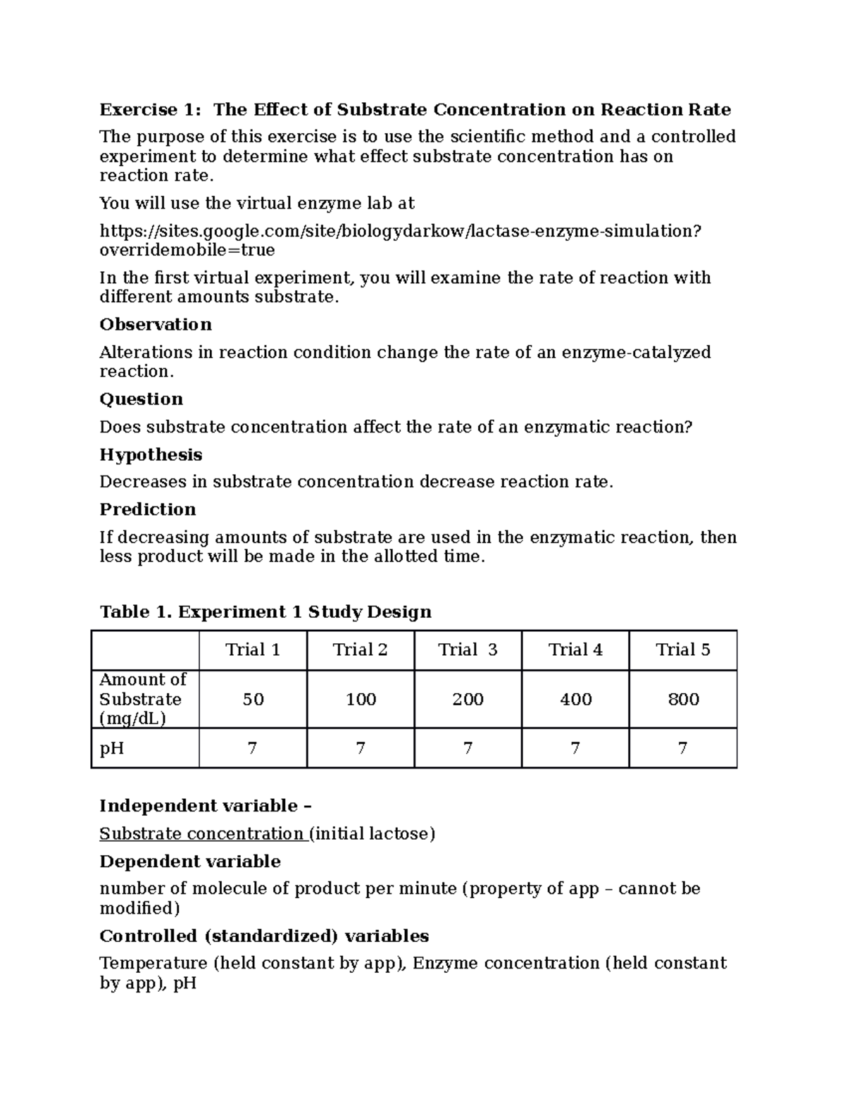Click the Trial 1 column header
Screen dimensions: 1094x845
[x=253, y=649]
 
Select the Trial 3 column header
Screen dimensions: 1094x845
[x=468, y=649]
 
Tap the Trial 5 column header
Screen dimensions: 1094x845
[x=683, y=649]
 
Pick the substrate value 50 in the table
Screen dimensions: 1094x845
[x=253, y=699]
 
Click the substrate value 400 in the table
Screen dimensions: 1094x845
[x=575, y=699]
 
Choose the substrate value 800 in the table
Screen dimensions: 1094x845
[x=683, y=699]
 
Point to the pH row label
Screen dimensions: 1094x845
[x=112, y=747]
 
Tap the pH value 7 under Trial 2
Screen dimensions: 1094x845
[x=361, y=747]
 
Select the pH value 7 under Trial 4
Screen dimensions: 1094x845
[x=575, y=747]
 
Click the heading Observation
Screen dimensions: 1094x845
[x=156, y=324]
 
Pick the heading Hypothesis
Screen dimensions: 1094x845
[x=151, y=454]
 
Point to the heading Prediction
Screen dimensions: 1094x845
[x=148, y=509]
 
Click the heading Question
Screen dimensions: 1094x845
[x=142, y=399]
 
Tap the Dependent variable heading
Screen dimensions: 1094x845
[x=190, y=861]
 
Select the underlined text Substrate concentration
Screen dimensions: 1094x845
[x=201, y=833]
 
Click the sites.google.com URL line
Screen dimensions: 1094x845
[x=401, y=231]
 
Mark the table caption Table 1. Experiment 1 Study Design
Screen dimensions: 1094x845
[x=265, y=611]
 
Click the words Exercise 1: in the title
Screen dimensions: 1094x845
[x=150, y=109]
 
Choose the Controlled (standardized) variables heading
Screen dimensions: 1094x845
[x=264, y=936]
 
